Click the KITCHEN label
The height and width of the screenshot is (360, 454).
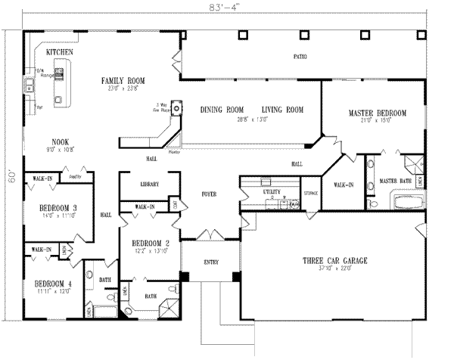60,52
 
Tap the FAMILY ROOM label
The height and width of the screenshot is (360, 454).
126,80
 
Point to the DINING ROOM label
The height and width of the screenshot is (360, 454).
221,110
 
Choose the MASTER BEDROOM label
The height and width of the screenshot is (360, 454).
377,113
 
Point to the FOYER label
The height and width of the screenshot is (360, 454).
209,194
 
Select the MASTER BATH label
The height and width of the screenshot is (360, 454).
394,181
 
